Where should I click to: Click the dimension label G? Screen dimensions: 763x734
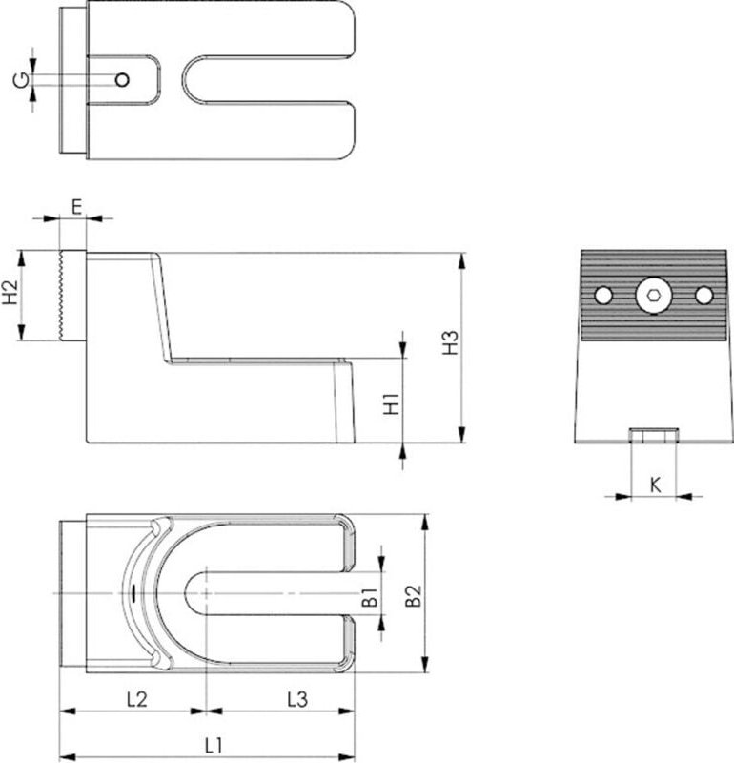19,79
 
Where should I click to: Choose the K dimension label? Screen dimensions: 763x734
655,484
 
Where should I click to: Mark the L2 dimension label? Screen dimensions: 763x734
135,699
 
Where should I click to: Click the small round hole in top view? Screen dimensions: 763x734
121,79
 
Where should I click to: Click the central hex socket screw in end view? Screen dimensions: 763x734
653,296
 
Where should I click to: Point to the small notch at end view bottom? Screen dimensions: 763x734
653,437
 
